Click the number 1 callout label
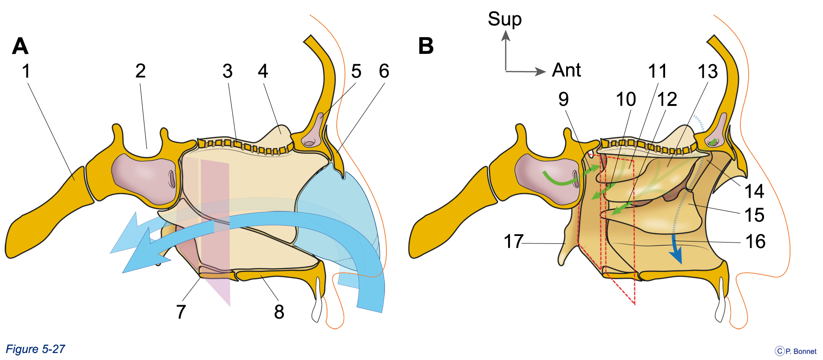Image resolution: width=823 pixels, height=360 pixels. [26, 71]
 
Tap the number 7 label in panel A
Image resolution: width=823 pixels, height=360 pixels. [181, 312]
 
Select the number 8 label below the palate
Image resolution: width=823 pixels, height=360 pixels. [279, 312]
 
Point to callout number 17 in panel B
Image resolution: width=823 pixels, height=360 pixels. [514, 242]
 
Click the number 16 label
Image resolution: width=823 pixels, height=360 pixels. [755, 242]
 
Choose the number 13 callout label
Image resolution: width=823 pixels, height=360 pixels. [708, 72]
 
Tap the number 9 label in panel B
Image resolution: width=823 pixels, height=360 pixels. [563, 99]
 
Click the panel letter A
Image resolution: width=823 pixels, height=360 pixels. [20, 46]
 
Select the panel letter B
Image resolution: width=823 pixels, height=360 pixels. [426, 46]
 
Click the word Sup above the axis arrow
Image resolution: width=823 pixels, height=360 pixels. [505, 20]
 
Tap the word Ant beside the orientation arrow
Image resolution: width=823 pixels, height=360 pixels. [567, 70]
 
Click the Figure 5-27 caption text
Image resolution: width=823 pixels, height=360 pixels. [35, 349]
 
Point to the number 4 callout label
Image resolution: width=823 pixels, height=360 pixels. [263, 71]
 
